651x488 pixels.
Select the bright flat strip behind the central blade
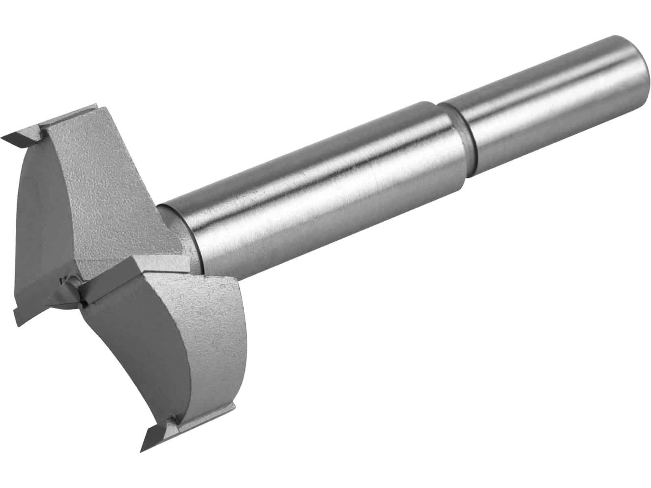[x=163, y=262]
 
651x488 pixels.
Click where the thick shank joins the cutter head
[x=191, y=236]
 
